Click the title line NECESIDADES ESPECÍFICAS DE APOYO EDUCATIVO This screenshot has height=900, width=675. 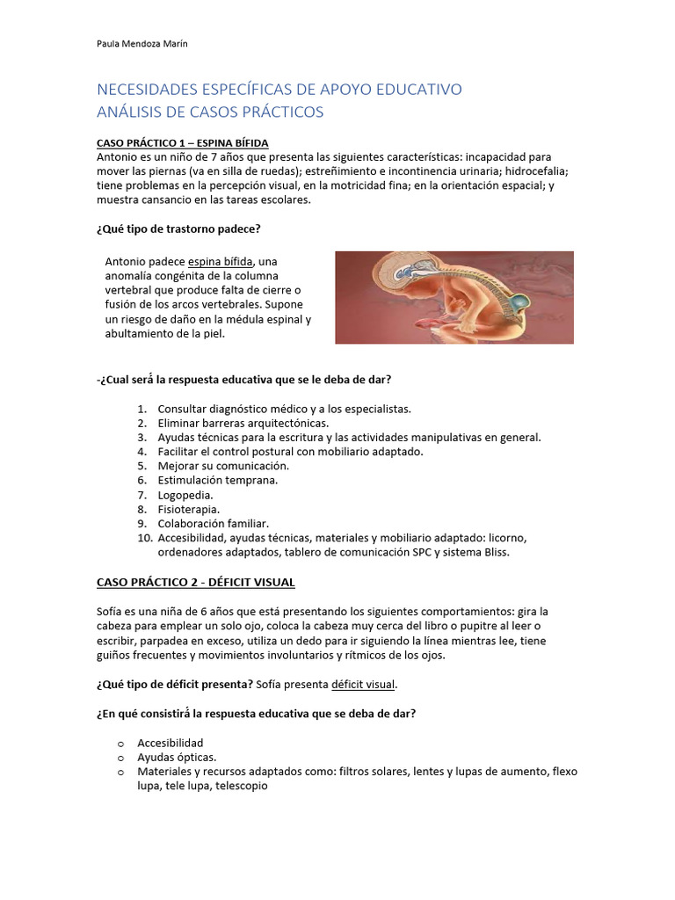pos(279,90)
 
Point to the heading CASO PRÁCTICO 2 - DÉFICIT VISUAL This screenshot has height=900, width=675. pos(195,582)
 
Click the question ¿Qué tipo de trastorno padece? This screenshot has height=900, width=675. pos(178,229)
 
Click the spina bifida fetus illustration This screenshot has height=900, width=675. pos(454,297)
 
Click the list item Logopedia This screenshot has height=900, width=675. pos(185,495)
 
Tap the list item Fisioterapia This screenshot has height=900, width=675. pos(188,509)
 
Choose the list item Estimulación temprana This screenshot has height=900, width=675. pos(217,480)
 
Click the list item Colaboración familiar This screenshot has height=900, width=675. pos(214,523)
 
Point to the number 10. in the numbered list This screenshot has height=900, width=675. pos(145,537)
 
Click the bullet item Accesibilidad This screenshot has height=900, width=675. pos(170,743)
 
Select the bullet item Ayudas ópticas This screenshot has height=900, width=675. pos(177,757)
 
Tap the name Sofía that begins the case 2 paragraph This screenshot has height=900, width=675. pos(109,611)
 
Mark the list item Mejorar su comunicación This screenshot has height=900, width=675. pos(223,466)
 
